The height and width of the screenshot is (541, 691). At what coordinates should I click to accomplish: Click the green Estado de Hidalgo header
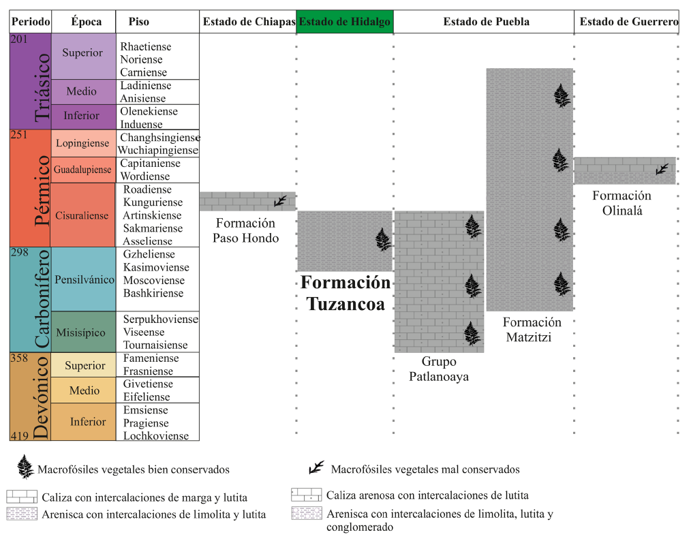[345, 22]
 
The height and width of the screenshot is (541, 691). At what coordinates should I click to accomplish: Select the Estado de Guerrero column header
[628, 22]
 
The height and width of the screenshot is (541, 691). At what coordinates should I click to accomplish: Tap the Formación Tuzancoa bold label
[345, 293]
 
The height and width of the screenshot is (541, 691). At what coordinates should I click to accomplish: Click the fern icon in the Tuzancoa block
[384, 240]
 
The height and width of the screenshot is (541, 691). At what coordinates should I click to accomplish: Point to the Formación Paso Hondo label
[245, 230]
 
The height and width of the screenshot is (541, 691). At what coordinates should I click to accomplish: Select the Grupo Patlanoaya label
[438, 369]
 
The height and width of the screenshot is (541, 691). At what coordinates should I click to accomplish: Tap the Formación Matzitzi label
[533, 329]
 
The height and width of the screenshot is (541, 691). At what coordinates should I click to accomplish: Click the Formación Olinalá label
[621, 203]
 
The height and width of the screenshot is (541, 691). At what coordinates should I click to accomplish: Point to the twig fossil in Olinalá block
[662, 170]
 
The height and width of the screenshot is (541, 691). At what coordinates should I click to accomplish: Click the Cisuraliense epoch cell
[82, 215]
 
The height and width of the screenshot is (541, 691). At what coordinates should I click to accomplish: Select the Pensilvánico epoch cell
[85, 280]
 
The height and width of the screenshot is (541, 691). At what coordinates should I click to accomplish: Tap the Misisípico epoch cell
[81, 333]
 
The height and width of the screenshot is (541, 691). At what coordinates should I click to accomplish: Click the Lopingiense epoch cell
[82, 143]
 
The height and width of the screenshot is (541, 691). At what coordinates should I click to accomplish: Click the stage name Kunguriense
[153, 202]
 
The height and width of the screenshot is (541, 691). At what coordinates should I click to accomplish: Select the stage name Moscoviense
[153, 280]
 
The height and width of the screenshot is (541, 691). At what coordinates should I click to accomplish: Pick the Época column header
[86, 22]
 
